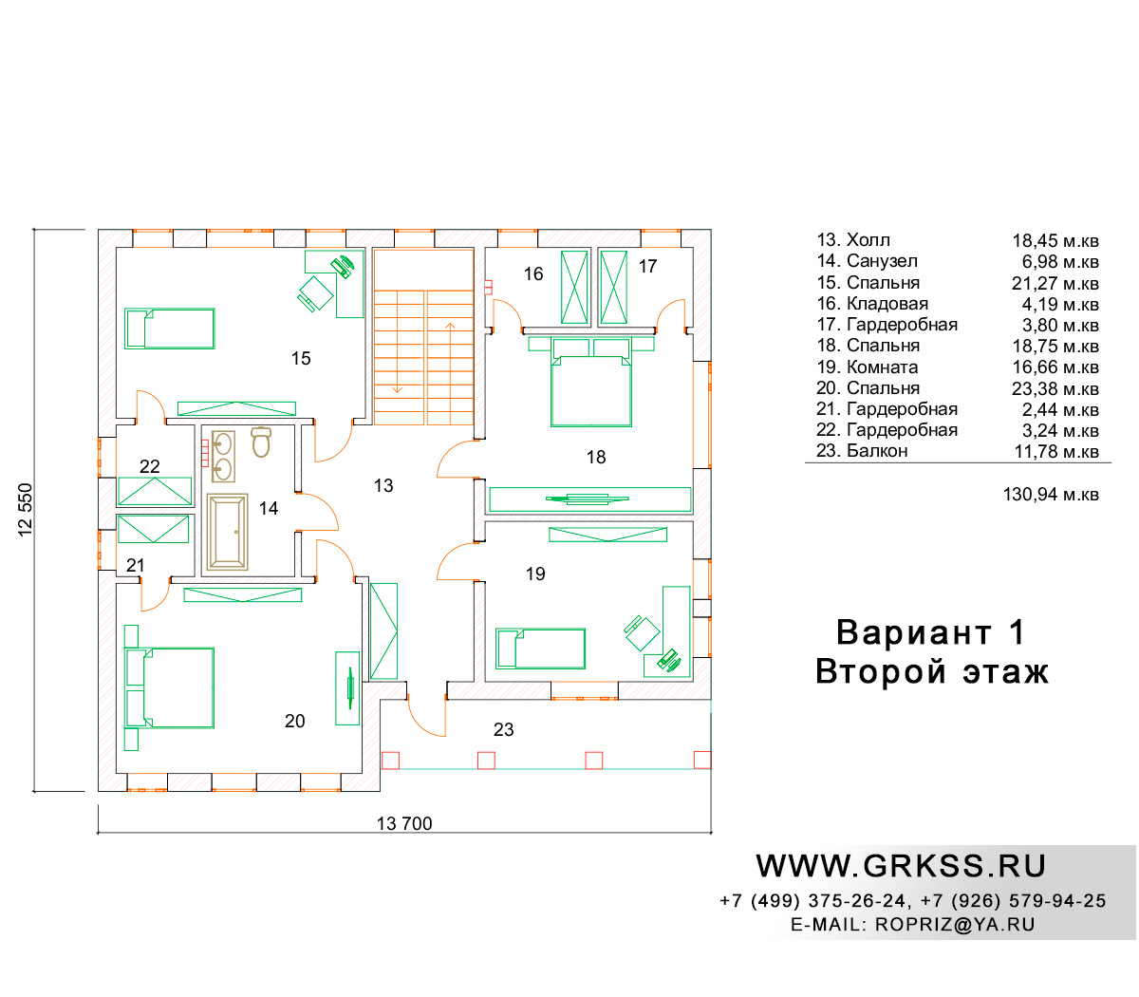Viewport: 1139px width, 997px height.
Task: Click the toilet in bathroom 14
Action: click(x=260, y=442)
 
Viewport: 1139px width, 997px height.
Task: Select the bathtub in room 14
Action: click(x=227, y=532)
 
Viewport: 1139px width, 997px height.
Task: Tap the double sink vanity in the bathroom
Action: click(x=223, y=456)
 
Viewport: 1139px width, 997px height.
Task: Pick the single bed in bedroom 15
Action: click(x=169, y=329)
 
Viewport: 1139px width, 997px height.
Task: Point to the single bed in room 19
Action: click(x=540, y=649)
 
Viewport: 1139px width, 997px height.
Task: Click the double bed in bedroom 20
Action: click(x=169, y=687)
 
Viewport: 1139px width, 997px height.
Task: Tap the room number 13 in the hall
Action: click(x=383, y=486)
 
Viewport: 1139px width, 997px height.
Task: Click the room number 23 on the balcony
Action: click(x=503, y=729)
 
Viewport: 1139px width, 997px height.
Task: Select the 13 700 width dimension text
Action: click(x=404, y=823)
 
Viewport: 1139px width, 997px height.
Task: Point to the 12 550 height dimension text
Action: click(x=26, y=510)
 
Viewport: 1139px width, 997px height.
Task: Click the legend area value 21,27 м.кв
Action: click(x=1055, y=284)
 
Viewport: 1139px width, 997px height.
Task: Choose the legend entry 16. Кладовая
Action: click(x=872, y=304)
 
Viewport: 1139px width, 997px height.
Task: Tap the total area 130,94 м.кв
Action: click(x=1051, y=495)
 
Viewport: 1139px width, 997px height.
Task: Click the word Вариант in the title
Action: click(x=913, y=632)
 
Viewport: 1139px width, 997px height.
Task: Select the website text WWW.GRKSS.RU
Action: click(x=901, y=866)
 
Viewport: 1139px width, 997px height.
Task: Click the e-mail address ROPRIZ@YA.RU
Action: click(x=955, y=925)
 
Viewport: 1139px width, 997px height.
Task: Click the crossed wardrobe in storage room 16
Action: click(x=574, y=288)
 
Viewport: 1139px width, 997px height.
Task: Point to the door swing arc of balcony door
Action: click(x=420, y=724)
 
